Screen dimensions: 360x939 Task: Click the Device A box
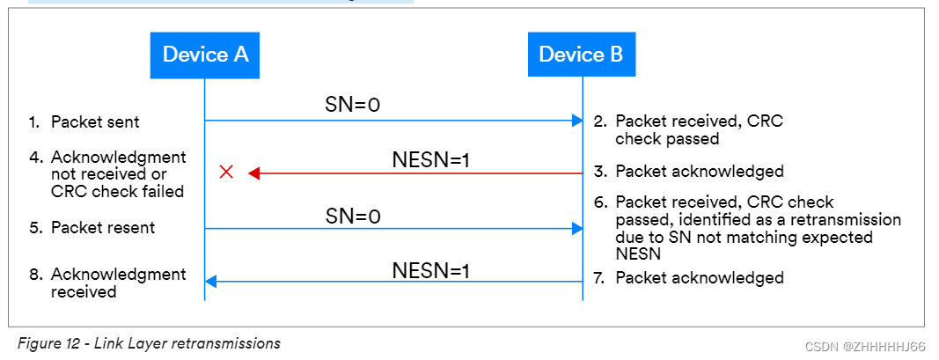pyautogui.click(x=205, y=55)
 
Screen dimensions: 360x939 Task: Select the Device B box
pyautogui.click(x=581, y=55)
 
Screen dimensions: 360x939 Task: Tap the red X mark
pyautogui.click(x=225, y=173)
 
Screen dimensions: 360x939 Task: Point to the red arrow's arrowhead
pyautogui.click(x=254, y=173)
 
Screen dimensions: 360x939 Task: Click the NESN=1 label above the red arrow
pyautogui.click(x=430, y=160)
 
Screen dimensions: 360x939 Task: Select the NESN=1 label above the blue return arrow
pyautogui.click(x=430, y=269)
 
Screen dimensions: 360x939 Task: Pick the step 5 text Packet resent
pyautogui.click(x=103, y=228)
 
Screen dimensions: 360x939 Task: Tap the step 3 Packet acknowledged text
pyautogui.click(x=699, y=172)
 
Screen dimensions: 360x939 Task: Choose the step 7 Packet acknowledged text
pyautogui.click(x=699, y=278)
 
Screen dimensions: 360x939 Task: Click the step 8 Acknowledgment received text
pyautogui.click(x=119, y=283)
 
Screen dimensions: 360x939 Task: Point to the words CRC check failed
pyautogui.click(x=117, y=191)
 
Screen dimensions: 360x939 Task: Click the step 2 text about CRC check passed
pyautogui.click(x=699, y=130)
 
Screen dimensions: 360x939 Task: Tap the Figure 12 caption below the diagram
pyautogui.click(x=149, y=343)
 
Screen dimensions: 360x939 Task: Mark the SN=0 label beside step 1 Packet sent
pyautogui.click(x=352, y=106)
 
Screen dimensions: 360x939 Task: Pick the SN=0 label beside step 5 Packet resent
pyautogui.click(x=352, y=216)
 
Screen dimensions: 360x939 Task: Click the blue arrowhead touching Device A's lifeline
pyautogui.click(x=211, y=282)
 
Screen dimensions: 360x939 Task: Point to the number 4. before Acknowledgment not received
pyautogui.click(x=35, y=158)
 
